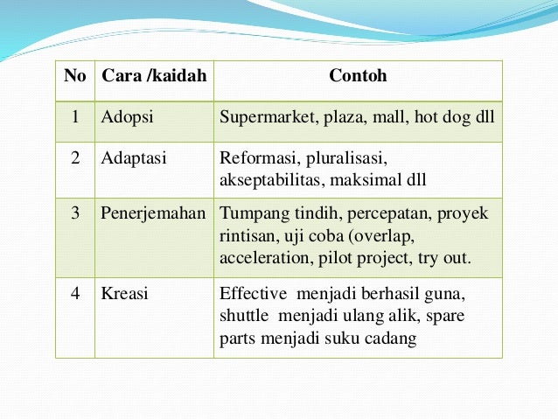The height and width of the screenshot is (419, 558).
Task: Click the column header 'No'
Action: (75, 76)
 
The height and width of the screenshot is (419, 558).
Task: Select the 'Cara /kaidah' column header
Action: (154, 76)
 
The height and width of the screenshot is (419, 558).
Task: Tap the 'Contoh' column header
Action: (358, 76)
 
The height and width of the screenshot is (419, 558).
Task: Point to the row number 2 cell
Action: (75, 159)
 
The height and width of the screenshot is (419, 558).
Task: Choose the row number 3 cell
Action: (75, 213)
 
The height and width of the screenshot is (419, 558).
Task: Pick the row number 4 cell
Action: (75, 294)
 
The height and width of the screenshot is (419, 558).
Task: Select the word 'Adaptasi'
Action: (134, 159)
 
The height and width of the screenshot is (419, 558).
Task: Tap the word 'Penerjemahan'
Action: (154, 213)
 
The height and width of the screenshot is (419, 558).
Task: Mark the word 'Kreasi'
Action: (125, 294)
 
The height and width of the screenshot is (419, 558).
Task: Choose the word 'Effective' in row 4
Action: (252, 294)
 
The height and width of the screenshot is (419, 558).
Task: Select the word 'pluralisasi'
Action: (345, 159)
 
